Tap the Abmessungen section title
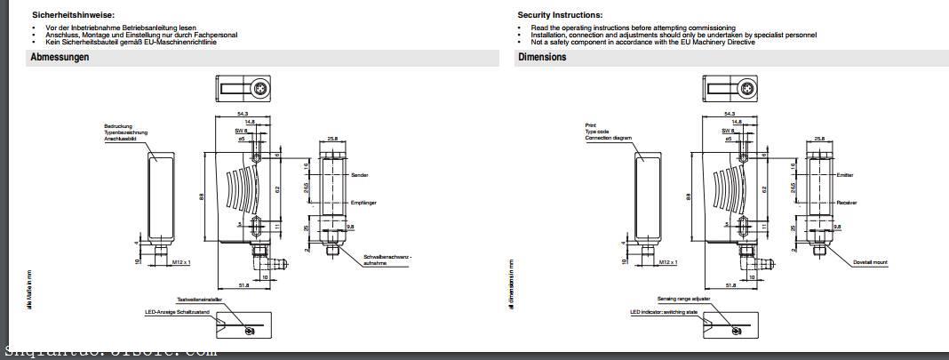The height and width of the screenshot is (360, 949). (x=60, y=57)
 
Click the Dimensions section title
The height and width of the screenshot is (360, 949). (x=542, y=57)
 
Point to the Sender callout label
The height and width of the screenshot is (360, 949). (x=360, y=175)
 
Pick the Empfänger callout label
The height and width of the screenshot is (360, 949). (x=364, y=204)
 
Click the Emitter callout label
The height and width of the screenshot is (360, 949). (x=845, y=175)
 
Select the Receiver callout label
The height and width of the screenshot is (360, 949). (x=847, y=204)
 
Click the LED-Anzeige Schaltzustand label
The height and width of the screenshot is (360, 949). (x=178, y=313)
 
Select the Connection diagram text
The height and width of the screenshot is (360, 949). (x=609, y=139)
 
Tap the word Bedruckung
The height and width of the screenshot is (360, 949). (x=118, y=126)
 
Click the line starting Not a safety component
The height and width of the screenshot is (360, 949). (x=643, y=42)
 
